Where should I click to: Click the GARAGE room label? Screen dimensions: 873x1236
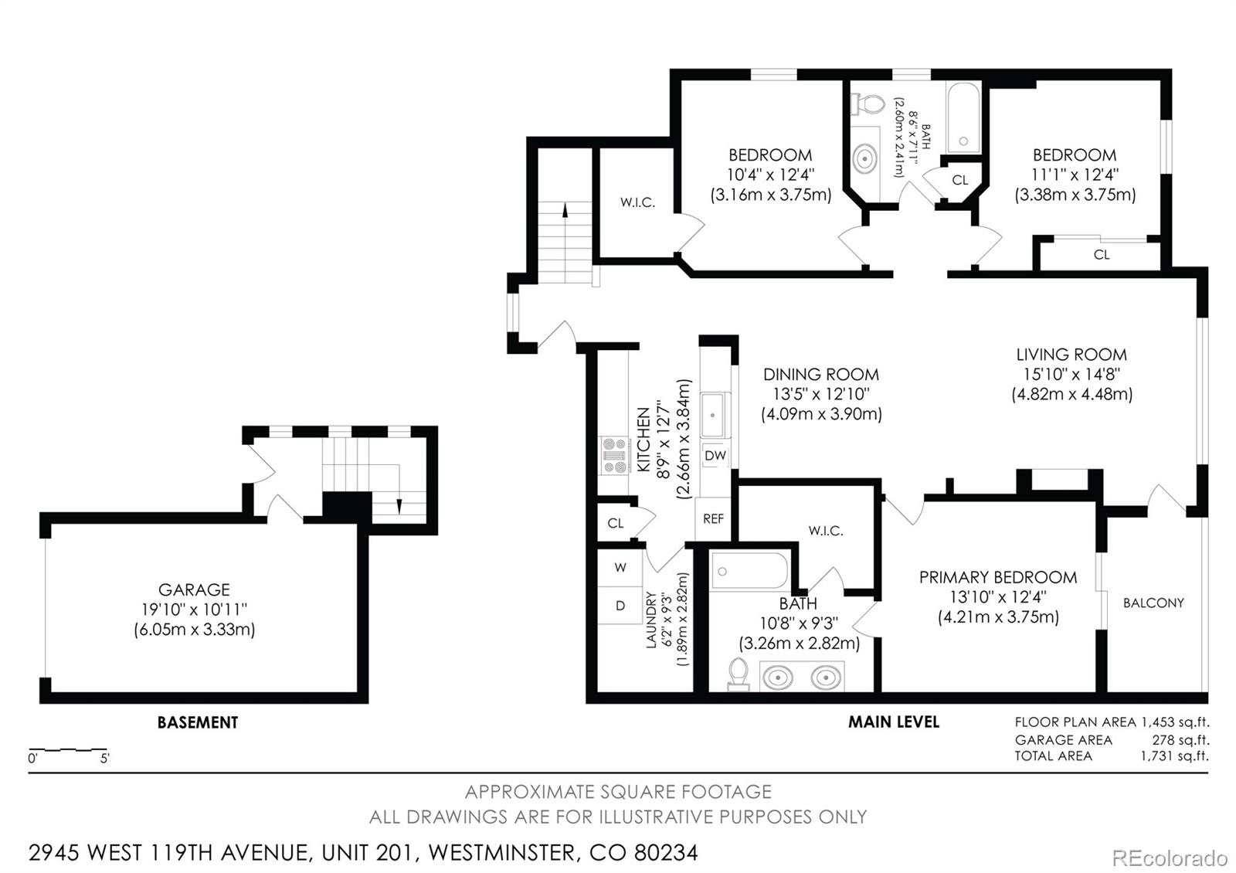point(194,589)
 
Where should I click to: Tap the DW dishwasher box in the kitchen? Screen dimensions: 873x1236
point(715,456)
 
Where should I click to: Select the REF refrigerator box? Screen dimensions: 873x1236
point(713,518)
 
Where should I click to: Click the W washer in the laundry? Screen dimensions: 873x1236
point(620,568)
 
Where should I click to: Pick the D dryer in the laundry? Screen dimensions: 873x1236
point(620,606)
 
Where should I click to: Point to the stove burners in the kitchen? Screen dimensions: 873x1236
point(616,456)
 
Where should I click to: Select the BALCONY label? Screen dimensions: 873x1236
point(1153,603)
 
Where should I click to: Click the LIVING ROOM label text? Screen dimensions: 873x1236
point(1071,355)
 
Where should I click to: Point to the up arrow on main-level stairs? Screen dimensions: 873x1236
point(565,209)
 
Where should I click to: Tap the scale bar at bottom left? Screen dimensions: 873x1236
point(68,749)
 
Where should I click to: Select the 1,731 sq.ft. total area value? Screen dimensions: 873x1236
point(1174,756)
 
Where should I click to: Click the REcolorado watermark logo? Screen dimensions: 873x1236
point(1169,858)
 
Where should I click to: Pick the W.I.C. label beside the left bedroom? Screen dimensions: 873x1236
point(637,203)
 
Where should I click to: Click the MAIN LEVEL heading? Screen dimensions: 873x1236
point(893,722)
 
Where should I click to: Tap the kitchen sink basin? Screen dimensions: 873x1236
point(713,416)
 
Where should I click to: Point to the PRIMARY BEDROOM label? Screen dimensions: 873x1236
point(997,577)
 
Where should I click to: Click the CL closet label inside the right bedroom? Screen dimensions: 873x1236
point(1102,254)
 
